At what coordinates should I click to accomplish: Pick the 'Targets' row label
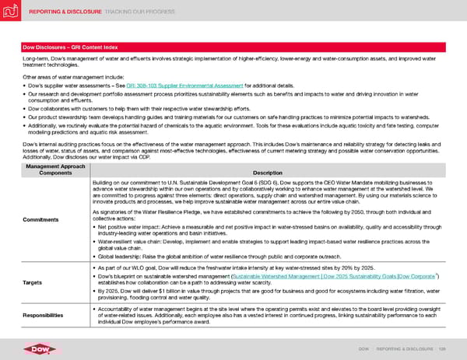(x=33, y=283)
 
